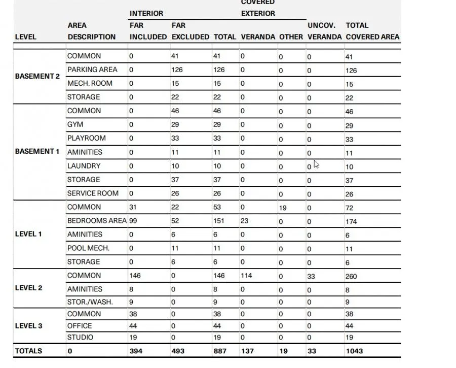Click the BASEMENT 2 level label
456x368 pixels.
click(37, 76)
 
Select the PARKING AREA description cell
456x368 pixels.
click(92, 70)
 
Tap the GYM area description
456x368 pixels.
click(75, 124)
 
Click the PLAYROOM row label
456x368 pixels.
click(86, 138)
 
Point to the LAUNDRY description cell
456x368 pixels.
click(84, 165)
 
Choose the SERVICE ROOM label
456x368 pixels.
click(93, 193)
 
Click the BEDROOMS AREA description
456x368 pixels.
click(96, 221)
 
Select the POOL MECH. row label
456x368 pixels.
click(88, 248)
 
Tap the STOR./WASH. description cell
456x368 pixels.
click(90, 302)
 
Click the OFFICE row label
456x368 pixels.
click(80, 325)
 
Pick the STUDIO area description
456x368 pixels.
click(80, 337)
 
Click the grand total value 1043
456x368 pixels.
click(354, 351)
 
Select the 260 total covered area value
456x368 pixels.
click(352, 276)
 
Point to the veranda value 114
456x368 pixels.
click(246, 276)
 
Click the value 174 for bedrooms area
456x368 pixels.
click(352, 222)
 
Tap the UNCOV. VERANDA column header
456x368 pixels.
click(322, 31)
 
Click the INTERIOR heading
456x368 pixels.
click(146, 13)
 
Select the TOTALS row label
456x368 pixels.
click(29, 351)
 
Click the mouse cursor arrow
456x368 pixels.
click(316, 164)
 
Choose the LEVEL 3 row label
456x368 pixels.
click(29, 325)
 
